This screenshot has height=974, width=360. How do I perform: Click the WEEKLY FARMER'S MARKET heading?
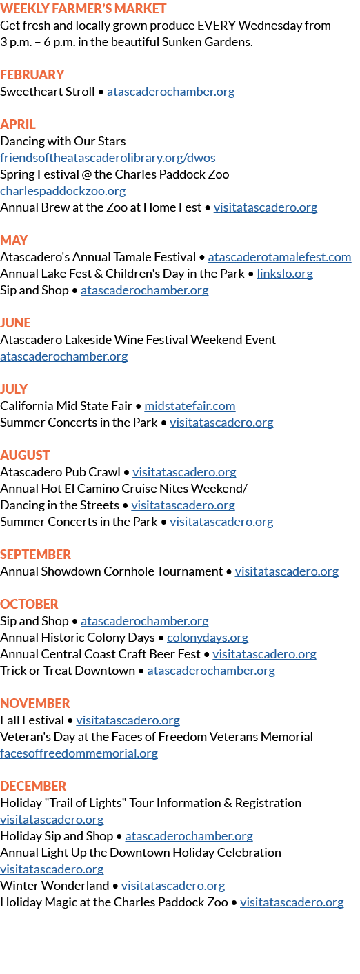(x=83, y=9)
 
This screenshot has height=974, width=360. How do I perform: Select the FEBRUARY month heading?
(x=32, y=74)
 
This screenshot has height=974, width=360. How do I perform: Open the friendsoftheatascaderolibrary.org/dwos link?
(x=108, y=157)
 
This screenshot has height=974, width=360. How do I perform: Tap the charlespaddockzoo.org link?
(x=63, y=190)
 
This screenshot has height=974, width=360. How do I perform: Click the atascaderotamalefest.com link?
(x=279, y=257)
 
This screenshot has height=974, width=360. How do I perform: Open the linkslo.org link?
(x=285, y=274)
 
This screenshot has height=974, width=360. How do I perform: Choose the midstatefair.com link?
(x=190, y=406)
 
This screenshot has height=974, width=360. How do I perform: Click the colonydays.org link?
(x=208, y=638)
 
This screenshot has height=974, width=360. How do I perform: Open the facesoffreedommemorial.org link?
(x=79, y=753)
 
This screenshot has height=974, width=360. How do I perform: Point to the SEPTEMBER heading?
(x=36, y=554)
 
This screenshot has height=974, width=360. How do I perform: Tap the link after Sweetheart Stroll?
(x=171, y=92)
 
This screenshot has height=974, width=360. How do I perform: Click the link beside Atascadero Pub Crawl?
(x=184, y=471)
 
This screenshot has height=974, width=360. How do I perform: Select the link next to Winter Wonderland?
(x=173, y=885)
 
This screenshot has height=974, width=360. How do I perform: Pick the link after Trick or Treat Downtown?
(x=211, y=671)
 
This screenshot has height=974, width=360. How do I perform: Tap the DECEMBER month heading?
(x=34, y=786)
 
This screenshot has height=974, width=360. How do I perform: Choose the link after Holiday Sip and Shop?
(x=189, y=835)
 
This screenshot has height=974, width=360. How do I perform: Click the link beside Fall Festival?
(x=128, y=720)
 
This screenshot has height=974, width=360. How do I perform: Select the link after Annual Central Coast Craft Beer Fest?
(x=264, y=654)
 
